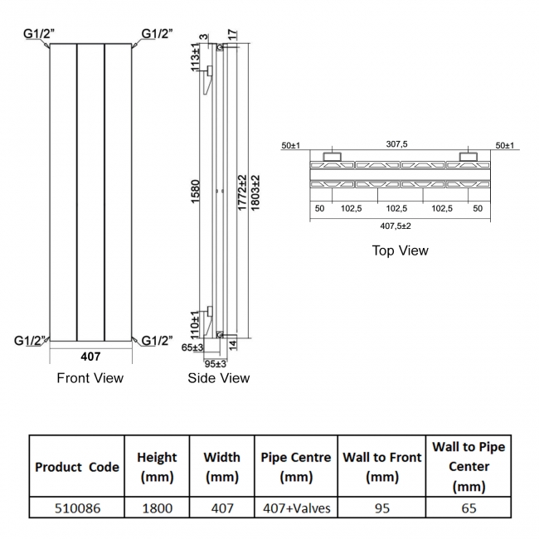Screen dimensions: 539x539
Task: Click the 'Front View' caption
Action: pos(90,378)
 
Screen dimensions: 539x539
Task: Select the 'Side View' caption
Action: pos(219,378)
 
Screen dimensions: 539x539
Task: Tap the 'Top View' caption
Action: pos(401,250)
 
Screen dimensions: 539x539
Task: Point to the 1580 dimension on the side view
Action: pos(197,196)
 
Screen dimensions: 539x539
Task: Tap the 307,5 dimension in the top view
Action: pos(397,144)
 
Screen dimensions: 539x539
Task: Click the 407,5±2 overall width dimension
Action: pos(396,225)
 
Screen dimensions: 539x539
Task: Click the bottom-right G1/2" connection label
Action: pos(157,340)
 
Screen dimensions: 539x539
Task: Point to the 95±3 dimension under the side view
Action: pos(216,363)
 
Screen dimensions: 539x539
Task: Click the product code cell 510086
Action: pos(76,507)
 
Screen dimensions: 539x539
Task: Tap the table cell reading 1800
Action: pos(157,507)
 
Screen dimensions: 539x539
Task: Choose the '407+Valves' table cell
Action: pos(295,507)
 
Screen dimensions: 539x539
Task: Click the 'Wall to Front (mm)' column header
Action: pos(381,467)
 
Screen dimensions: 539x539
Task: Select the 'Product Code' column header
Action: pos(76,467)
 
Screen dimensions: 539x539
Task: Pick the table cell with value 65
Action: pos(469,507)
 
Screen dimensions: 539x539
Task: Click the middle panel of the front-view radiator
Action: pos(90,191)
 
